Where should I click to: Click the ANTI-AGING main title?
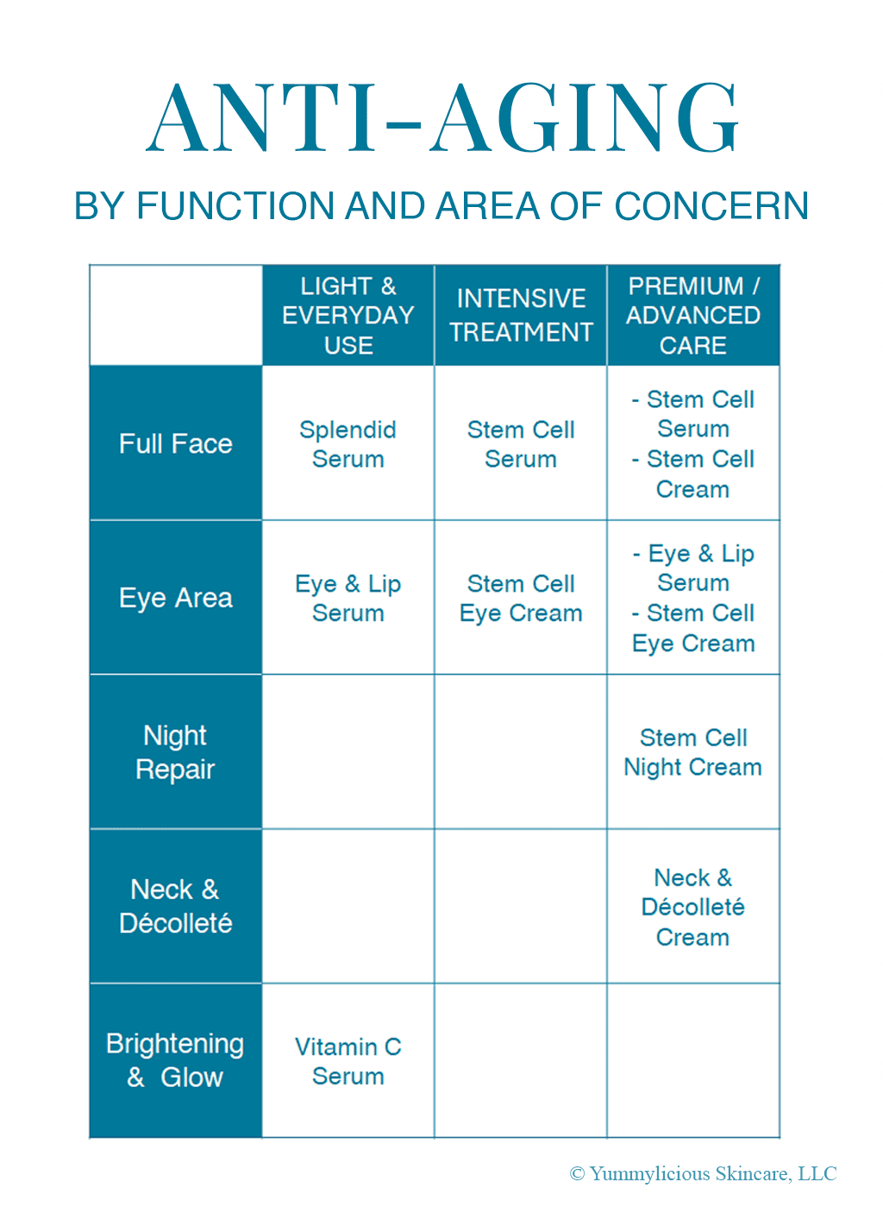pyautogui.click(x=441, y=118)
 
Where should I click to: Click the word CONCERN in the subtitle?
pyautogui.click(x=711, y=206)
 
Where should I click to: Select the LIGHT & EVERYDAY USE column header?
pyautogui.click(x=348, y=316)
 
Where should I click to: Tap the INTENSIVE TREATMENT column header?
pyautogui.click(x=521, y=315)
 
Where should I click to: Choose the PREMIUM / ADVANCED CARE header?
pyautogui.click(x=693, y=316)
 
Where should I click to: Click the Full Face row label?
pyautogui.click(x=176, y=444)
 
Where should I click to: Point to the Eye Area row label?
pyautogui.click(x=176, y=598)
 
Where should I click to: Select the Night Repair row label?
pyautogui.click(x=176, y=752)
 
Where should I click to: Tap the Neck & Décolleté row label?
pyautogui.click(x=176, y=906)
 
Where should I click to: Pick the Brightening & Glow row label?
pyautogui.click(x=176, y=1060)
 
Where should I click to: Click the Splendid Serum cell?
pyautogui.click(x=348, y=444)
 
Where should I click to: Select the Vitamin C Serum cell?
pyautogui.click(x=348, y=1061)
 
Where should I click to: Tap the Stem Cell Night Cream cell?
pyautogui.click(x=693, y=753)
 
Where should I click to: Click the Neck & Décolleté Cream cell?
pyautogui.click(x=693, y=907)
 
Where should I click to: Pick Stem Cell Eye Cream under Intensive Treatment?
pyautogui.click(x=521, y=599)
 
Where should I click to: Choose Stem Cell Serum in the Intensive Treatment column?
pyautogui.click(x=521, y=444)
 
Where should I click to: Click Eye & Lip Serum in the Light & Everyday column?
pyautogui.click(x=348, y=599)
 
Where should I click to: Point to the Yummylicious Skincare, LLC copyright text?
pyautogui.click(x=703, y=1173)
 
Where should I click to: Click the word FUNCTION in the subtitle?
pyautogui.click(x=235, y=206)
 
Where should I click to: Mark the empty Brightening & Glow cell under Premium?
pyautogui.click(x=693, y=1060)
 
